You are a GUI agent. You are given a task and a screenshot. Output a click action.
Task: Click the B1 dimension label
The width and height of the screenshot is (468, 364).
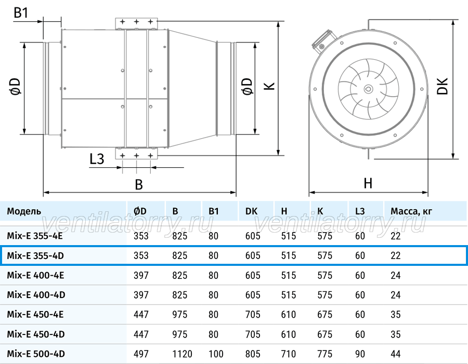pos(21,12)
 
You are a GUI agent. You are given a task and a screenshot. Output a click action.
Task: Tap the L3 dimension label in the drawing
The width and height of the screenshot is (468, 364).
pos(97,159)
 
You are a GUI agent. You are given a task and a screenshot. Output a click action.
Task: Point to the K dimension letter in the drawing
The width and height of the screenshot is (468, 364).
pos(269,86)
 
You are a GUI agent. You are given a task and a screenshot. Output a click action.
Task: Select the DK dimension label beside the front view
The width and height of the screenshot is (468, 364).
pos(443,86)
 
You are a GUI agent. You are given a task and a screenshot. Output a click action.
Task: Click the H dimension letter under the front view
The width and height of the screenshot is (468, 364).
pos(368,183)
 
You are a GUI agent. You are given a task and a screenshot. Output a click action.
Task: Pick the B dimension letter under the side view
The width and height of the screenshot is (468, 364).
pos(139,184)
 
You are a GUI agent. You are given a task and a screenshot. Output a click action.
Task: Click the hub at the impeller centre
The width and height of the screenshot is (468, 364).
pos(368,88)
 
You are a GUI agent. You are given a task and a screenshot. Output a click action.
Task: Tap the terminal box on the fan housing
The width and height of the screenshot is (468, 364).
pos(323,42)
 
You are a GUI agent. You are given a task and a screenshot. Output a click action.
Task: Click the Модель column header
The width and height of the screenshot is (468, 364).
pos(24,211)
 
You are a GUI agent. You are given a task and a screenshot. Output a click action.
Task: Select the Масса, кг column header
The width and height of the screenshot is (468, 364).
pos(411,211)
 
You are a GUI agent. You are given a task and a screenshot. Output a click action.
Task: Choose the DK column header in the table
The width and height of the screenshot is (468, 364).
pos(251,211)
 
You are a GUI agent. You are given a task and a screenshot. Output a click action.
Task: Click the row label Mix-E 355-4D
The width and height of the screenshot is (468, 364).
pos(35,255)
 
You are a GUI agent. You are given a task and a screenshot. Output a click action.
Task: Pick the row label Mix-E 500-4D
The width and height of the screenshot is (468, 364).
pos(36,354)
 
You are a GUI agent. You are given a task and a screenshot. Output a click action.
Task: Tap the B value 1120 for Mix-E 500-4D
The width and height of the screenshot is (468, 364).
pos(182,354)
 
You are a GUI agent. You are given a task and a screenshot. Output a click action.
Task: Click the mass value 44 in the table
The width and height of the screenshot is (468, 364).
pos(396,354)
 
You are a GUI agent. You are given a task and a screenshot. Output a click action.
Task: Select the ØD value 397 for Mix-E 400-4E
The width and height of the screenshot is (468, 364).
pos(141,275)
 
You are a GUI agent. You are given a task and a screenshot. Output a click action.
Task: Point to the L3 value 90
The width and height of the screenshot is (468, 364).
pos(360,354)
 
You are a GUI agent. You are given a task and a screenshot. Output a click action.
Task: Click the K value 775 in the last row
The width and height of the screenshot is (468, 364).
pos(324,354)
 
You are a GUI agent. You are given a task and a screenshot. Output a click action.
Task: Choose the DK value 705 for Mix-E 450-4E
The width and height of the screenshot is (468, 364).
pos(253,315)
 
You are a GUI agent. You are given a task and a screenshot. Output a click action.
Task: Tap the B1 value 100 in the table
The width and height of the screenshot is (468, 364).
pos(216,354)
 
